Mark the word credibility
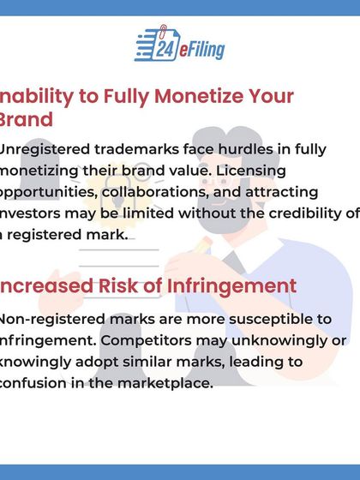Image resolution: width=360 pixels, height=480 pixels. [x=287, y=213]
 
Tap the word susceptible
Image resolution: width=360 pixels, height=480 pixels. [x=271, y=320]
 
